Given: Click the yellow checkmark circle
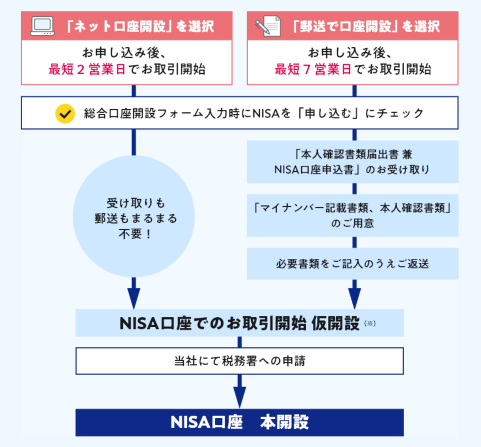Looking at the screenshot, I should pos(65,113).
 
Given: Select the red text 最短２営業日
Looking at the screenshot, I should pos(87,70).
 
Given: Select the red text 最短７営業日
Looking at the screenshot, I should pos(313,70).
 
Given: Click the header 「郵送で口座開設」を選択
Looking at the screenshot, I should pos(366,26).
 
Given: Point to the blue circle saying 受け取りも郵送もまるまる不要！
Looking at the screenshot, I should pos(134,216).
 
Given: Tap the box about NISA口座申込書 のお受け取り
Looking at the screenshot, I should pos(352,162).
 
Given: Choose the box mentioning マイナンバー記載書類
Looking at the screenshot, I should pos(352,215).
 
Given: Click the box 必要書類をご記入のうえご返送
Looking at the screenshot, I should pos(352,264).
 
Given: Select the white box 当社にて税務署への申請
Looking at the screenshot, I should pos(240,361).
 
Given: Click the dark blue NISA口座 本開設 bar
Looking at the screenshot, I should pos(240,422).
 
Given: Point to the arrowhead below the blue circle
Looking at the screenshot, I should pos(134,296).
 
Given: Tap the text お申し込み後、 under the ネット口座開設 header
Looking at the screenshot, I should pos(127,52).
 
